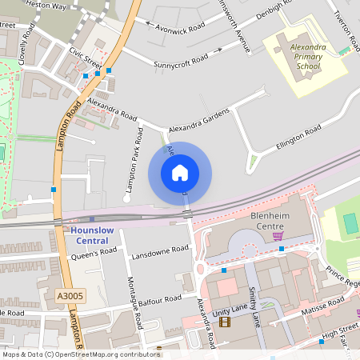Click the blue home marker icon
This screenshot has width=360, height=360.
pos(180,173)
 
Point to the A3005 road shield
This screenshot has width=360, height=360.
pos(70,297)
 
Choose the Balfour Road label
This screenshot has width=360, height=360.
pos(156,302)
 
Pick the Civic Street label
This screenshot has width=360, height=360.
pos(86,58)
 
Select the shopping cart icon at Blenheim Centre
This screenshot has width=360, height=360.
pos(278,235)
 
